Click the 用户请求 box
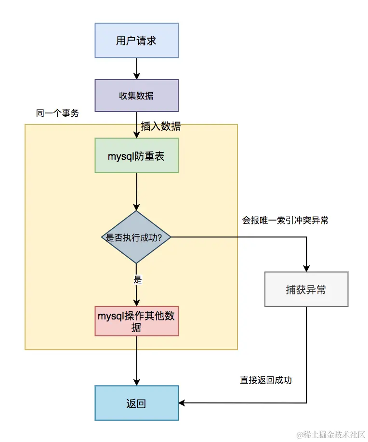(136, 41)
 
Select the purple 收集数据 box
(136, 96)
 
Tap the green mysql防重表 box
(136, 156)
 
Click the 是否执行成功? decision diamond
(136, 237)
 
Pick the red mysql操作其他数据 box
(137, 321)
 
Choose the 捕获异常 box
(306, 290)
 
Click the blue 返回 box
(136, 403)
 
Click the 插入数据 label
(161, 126)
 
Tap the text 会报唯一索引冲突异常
(285, 221)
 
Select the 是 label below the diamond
(137, 279)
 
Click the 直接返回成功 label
(266, 380)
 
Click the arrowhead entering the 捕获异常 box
(306, 268)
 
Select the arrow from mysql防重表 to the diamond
(137, 192)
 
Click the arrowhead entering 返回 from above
(137, 381)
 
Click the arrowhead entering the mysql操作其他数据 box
(137, 302)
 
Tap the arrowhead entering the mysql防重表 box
(137, 135)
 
